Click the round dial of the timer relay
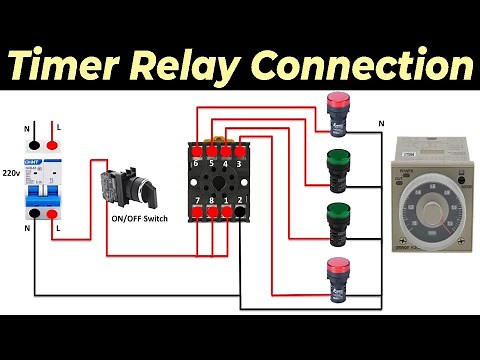[430, 201]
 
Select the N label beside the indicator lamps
[380, 123]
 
